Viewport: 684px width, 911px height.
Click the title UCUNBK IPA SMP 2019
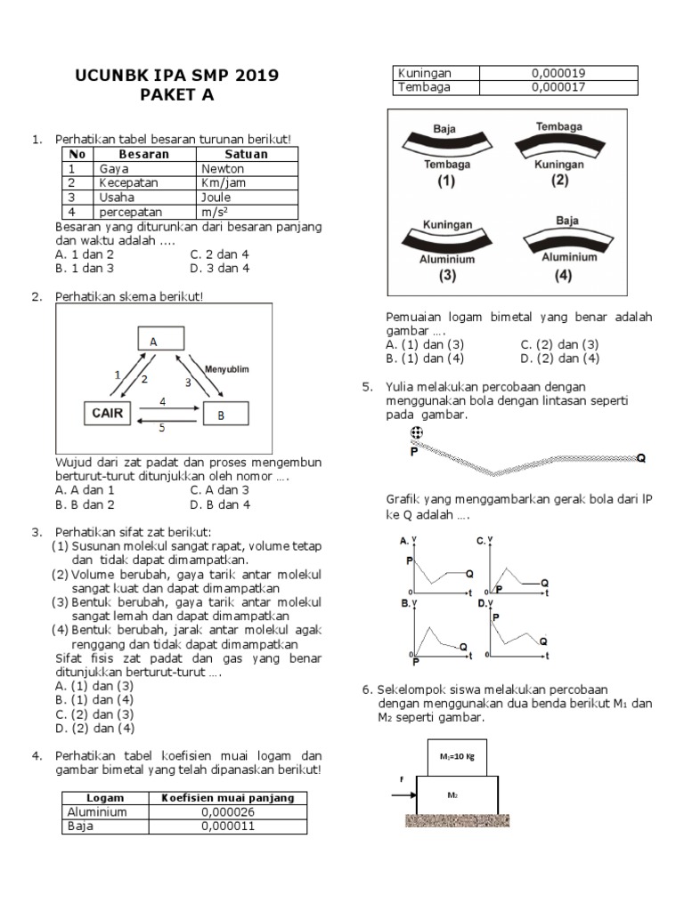pos(176,76)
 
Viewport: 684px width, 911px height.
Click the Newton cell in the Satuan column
pos(216,168)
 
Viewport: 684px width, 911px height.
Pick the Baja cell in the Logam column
pos(79,826)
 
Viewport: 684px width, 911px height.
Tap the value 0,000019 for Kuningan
pos(558,73)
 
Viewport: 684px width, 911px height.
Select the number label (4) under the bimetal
pos(563,275)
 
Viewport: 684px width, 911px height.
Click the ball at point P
pos(416,433)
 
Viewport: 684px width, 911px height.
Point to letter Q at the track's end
pos(641,458)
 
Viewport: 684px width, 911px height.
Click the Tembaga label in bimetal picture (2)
pos(559,126)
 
